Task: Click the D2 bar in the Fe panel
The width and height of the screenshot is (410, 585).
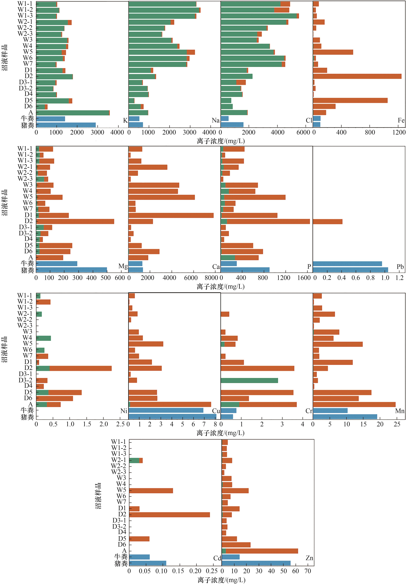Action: point(357,76)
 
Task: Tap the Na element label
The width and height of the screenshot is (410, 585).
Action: point(215,120)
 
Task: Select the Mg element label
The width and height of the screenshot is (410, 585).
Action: point(123,266)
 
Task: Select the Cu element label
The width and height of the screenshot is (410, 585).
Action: point(216,411)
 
